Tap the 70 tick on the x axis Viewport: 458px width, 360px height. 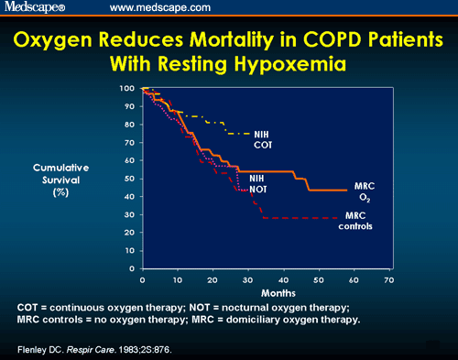click(x=388, y=279)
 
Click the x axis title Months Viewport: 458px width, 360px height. click(x=265, y=293)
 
